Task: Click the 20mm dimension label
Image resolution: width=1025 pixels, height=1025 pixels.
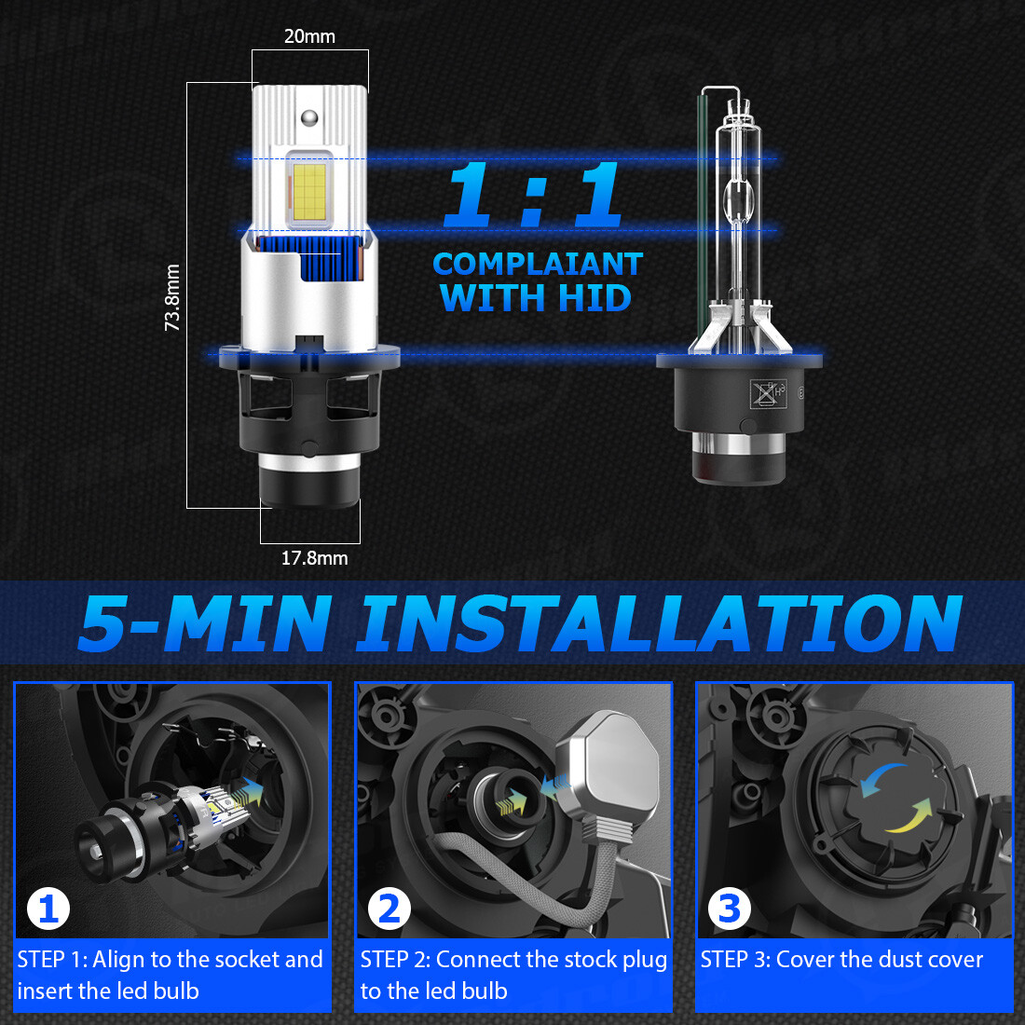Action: pos(309,36)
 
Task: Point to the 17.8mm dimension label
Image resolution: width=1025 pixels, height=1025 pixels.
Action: pos(314,558)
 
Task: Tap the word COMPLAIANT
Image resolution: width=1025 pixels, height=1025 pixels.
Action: pos(538,265)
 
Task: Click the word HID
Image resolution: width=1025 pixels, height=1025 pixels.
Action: pos(594,299)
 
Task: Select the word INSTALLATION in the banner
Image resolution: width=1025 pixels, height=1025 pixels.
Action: pos(659,623)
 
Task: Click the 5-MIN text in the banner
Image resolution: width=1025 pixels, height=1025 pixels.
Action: pos(204,623)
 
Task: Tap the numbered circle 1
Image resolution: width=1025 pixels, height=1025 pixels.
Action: pos(48,909)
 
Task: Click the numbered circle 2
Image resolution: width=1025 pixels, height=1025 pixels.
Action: pos(389,909)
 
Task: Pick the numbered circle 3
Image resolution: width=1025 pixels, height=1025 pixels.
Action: pos(730,909)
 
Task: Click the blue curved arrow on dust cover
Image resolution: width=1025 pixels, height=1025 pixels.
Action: pos(881,779)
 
